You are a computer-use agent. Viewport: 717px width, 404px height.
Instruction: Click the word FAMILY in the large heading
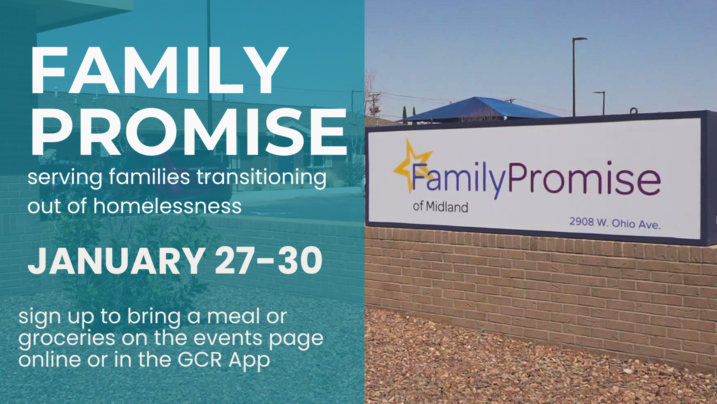pyautogui.click(x=159, y=71)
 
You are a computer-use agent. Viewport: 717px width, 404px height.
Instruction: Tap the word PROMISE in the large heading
pyautogui.click(x=189, y=132)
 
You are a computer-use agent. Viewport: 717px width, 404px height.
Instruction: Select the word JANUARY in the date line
pyautogui.click(x=116, y=261)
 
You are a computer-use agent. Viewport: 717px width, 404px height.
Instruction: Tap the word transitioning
pyautogui.click(x=261, y=177)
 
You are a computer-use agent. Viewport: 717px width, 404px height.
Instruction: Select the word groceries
pyautogui.click(x=66, y=339)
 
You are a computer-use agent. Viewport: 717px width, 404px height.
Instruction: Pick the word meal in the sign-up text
pyautogui.click(x=233, y=316)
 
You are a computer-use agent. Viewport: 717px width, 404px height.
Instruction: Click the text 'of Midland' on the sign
pyautogui.click(x=440, y=206)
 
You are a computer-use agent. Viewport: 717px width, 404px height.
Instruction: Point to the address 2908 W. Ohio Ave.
pyautogui.click(x=615, y=223)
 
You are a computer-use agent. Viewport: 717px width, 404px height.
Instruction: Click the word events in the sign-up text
pyautogui.click(x=228, y=338)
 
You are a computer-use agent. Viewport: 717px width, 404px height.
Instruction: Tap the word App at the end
pyautogui.click(x=249, y=360)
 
